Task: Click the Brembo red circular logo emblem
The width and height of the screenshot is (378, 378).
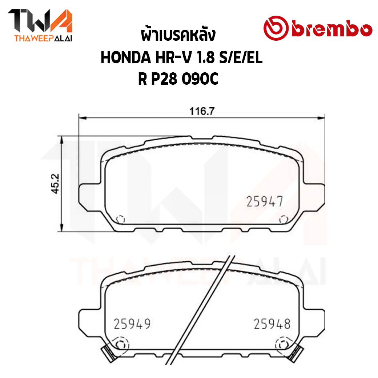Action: pos(276,28)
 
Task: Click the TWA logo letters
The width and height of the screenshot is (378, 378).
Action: pos(40,21)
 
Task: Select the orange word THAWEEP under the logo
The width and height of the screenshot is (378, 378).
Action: pos(33,38)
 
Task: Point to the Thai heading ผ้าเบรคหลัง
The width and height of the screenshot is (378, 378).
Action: pos(178,36)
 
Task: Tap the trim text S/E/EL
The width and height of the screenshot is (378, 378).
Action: pos(241,58)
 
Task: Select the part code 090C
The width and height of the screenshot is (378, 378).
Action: pos(200,79)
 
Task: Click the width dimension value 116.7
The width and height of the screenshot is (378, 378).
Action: pos(202,111)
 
